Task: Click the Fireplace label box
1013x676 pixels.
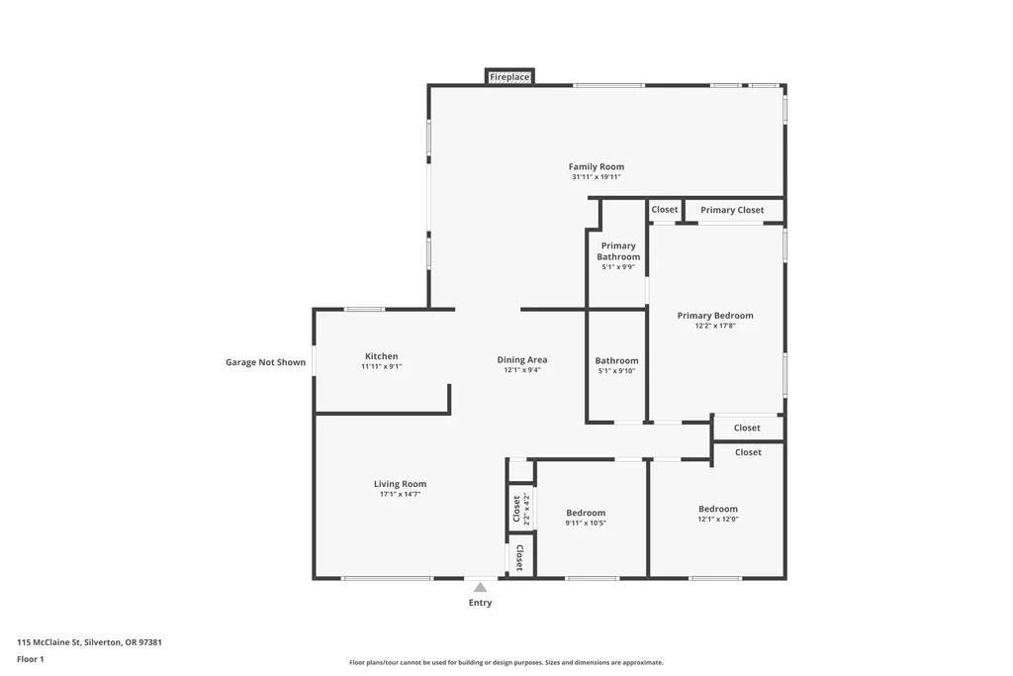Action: (509, 77)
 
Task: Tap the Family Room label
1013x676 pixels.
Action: (597, 166)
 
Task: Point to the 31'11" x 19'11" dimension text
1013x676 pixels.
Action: (597, 177)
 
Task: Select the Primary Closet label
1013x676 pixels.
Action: (732, 210)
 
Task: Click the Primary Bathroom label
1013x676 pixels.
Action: (618, 251)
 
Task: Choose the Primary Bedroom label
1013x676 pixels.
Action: (715, 316)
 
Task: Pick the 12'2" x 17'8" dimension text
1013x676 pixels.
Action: (715, 326)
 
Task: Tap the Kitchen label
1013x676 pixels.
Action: (381, 356)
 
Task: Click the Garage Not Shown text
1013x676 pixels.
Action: (265, 362)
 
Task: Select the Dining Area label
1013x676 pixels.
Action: (522, 360)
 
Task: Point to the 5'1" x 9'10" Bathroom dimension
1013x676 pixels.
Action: (616, 371)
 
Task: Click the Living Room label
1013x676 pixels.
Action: (400, 484)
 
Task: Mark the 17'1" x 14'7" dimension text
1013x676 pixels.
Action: (400, 495)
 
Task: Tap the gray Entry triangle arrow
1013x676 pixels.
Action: (480, 588)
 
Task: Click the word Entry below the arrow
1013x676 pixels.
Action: (480, 603)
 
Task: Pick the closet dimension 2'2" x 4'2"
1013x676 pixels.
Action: (526, 510)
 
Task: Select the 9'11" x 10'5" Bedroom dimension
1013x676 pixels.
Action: (586, 524)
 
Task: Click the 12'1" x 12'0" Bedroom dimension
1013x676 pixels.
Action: (718, 519)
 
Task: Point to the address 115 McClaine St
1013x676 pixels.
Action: (48, 642)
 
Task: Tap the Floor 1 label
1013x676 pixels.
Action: (31, 659)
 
